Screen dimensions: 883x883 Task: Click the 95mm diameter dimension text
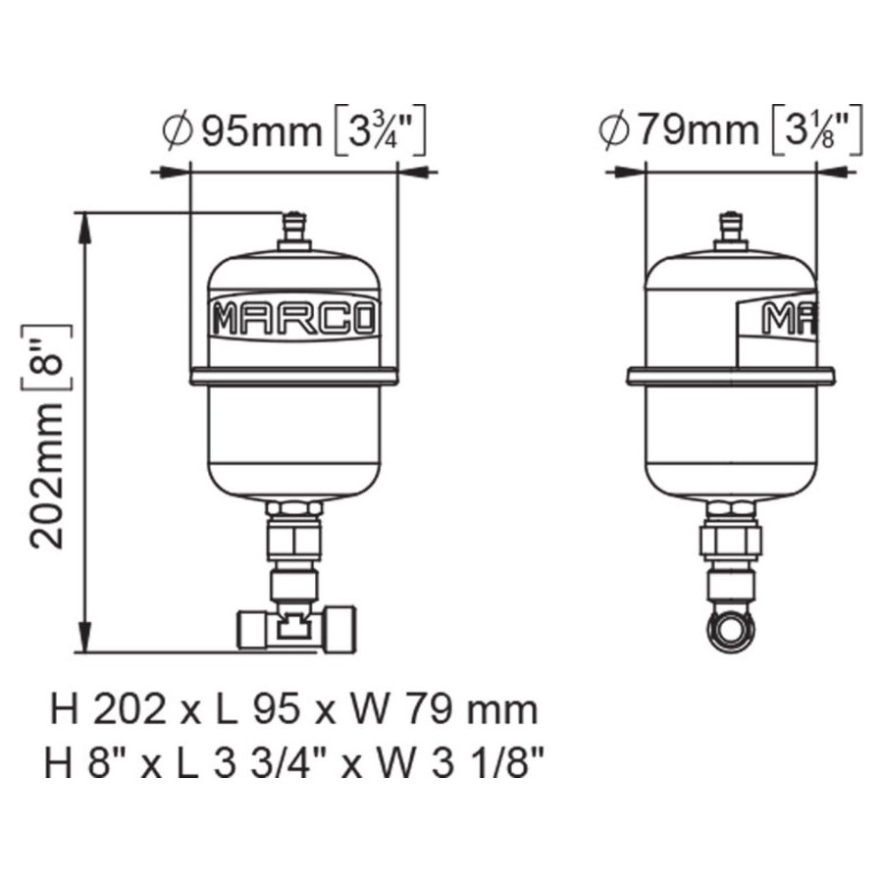pos(262,131)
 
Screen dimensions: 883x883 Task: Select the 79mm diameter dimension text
pos(700,130)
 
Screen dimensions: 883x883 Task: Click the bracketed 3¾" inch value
pos(380,130)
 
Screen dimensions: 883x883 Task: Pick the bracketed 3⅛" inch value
pos(817,129)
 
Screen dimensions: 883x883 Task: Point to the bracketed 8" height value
pos(47,358)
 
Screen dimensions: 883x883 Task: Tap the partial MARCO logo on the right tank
pos(790,319)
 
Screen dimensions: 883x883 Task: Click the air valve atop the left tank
pos(294,231)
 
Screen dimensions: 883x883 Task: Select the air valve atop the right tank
pos(730,231)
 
